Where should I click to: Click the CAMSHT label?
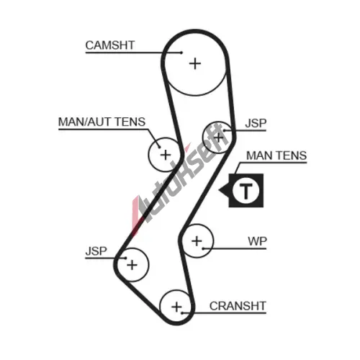(110, 45)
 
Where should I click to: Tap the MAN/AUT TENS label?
(102, 122)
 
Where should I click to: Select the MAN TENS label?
(276, 156)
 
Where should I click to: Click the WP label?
(257, 241)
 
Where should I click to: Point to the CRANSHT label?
(238, 306)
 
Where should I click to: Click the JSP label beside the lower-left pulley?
(96, 251)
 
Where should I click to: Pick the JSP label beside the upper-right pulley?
(256, 123)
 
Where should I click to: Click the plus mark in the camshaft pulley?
(195, 64)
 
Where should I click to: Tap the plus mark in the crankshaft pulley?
(176, 307)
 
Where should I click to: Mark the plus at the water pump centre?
(197, 240)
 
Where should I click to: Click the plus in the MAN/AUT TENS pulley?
(166, 155)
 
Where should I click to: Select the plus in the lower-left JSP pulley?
(132, 265)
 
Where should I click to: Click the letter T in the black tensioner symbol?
(246, 191)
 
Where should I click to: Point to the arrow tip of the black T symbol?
(219, 190)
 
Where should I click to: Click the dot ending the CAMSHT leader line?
(181, 53)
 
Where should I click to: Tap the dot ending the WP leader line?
(203, 248)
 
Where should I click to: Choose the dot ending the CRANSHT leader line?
(182, 313)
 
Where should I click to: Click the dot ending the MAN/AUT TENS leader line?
(159, 147)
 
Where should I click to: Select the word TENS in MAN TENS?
(292, 156)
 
